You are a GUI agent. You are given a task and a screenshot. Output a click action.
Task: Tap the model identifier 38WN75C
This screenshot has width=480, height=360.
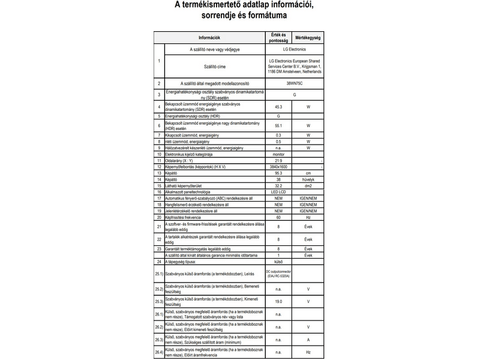295,83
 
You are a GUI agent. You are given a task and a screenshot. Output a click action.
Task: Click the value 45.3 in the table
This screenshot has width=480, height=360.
278,106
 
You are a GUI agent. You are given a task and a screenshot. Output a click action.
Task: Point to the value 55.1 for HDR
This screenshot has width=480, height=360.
278,126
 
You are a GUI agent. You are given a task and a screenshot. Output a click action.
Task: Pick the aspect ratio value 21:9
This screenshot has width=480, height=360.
278,161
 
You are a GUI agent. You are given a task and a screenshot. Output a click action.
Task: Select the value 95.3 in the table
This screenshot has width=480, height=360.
278,173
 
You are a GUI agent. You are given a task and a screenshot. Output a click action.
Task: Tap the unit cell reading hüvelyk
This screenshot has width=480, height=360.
308,179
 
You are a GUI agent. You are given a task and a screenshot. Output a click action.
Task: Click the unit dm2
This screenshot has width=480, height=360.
308,186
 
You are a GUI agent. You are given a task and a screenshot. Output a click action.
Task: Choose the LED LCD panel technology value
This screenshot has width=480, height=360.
278,192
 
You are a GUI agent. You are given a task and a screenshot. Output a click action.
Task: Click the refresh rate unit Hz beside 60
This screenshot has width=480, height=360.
308,217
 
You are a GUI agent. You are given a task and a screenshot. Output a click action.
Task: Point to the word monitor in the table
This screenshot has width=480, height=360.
278,154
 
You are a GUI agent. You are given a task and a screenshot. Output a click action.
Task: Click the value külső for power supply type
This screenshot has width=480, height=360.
278,262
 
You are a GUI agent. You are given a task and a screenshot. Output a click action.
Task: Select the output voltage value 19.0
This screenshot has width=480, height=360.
278,301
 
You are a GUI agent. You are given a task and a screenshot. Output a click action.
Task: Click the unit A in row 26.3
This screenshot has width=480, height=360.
308,340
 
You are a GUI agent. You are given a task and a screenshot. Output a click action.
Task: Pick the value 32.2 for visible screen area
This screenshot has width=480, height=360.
278,186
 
